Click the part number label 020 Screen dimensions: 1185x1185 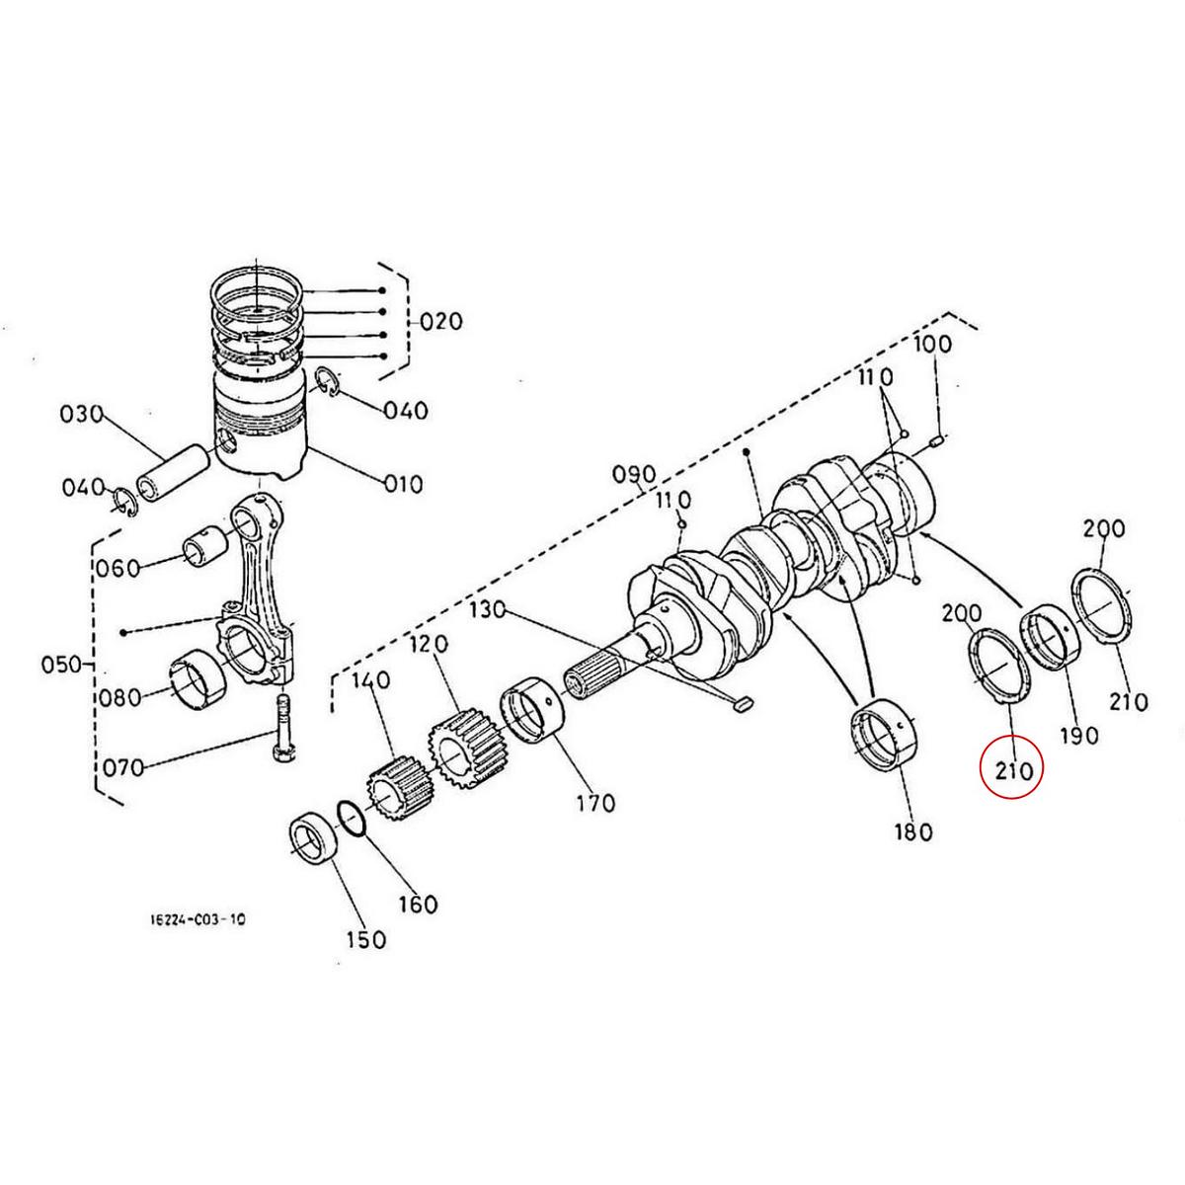click(x=440, y=322)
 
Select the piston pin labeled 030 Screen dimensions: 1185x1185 click(x=174, y=471)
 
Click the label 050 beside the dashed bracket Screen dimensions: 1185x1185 click(x=61, y=664)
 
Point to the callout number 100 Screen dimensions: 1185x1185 click(x=932, y=345)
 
